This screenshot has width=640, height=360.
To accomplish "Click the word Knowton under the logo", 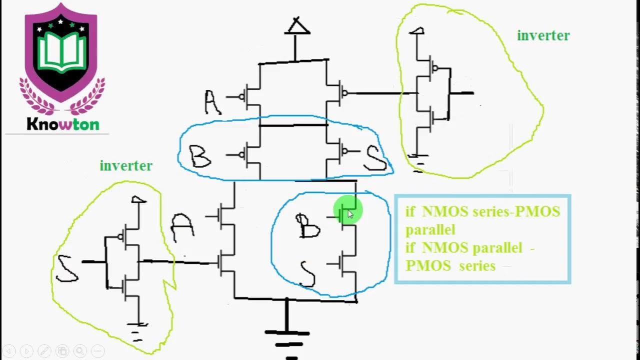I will tap(63, 124).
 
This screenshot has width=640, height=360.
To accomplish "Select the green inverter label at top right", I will tap(543, 35).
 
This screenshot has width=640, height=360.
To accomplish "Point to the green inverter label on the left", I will tap(126, 165).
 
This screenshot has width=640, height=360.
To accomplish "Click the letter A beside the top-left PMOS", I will tap(212, 102).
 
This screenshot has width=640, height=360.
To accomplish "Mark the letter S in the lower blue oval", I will tap(307, 273).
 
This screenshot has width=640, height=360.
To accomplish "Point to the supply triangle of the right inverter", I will tap(416, 31).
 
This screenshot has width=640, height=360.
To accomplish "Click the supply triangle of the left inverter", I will tap(138, 200).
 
